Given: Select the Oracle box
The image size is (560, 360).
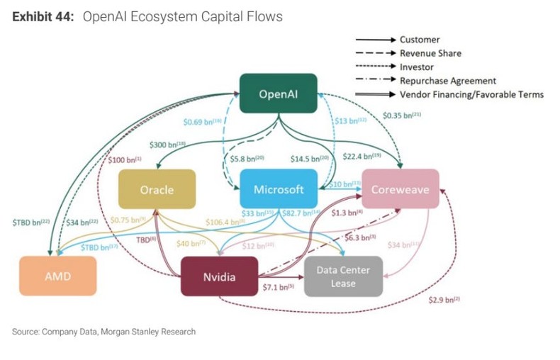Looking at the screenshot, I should [x=156, y=189].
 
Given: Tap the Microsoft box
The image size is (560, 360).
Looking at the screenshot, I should [x=279, y=189].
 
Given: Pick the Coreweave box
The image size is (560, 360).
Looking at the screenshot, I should [x=401, y=189].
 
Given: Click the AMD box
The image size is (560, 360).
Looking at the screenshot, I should [x=57, y=276].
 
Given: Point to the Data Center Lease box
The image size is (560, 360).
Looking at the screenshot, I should [x=342, y=276].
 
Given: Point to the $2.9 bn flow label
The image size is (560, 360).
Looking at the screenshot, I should [x=444, y=300].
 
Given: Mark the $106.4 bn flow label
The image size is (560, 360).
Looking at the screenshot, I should [x=225, y=221].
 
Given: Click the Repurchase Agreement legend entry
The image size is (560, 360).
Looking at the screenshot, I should [x=447, y=81].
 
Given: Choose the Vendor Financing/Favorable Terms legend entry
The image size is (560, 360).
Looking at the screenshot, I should [x=471, y=94].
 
